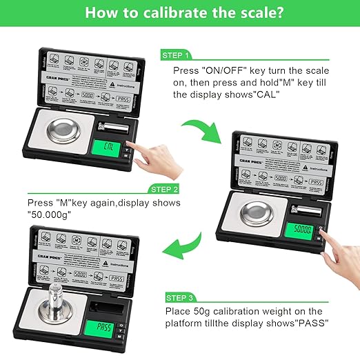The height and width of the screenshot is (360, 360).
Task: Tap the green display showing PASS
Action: click(x=104, y=326)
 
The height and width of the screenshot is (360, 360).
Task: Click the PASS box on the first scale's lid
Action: click(x=121, y=99)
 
